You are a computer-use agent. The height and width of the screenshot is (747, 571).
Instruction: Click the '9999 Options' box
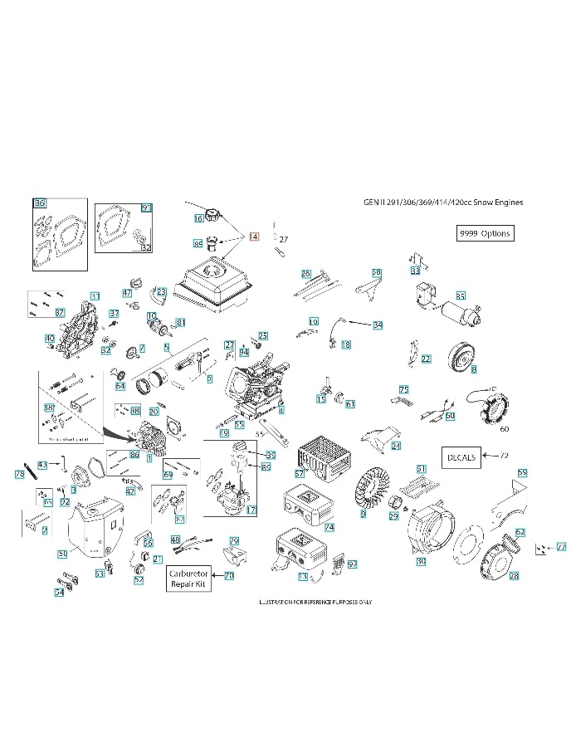pos(485,233)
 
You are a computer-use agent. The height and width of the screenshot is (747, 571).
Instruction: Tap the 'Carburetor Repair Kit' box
pos(188,579)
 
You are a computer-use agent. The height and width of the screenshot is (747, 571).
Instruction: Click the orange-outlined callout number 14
pos(254,237)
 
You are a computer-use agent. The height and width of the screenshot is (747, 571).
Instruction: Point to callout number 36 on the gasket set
pos(39,203)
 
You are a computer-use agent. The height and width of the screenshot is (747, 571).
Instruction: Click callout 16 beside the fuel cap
pos(198,219)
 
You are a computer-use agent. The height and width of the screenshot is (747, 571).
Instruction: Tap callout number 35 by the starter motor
pos(461,295)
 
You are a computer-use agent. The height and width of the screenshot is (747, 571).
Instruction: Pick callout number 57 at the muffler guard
pos(300,473)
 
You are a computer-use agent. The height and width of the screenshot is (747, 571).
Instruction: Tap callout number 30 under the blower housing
pos(421,562)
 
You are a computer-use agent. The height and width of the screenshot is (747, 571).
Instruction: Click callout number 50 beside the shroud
pos(62,553)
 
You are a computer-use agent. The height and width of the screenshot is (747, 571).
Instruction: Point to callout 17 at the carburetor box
pos(251,509)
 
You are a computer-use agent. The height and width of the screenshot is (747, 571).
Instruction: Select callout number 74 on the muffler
pos(329,527)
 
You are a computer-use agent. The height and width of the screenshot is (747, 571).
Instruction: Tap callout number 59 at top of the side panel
pos(522,473)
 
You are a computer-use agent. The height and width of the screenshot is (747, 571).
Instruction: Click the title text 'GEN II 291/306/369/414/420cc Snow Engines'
pos(443,202)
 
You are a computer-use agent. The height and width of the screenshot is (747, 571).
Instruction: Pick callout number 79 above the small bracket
pos(234,540)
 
